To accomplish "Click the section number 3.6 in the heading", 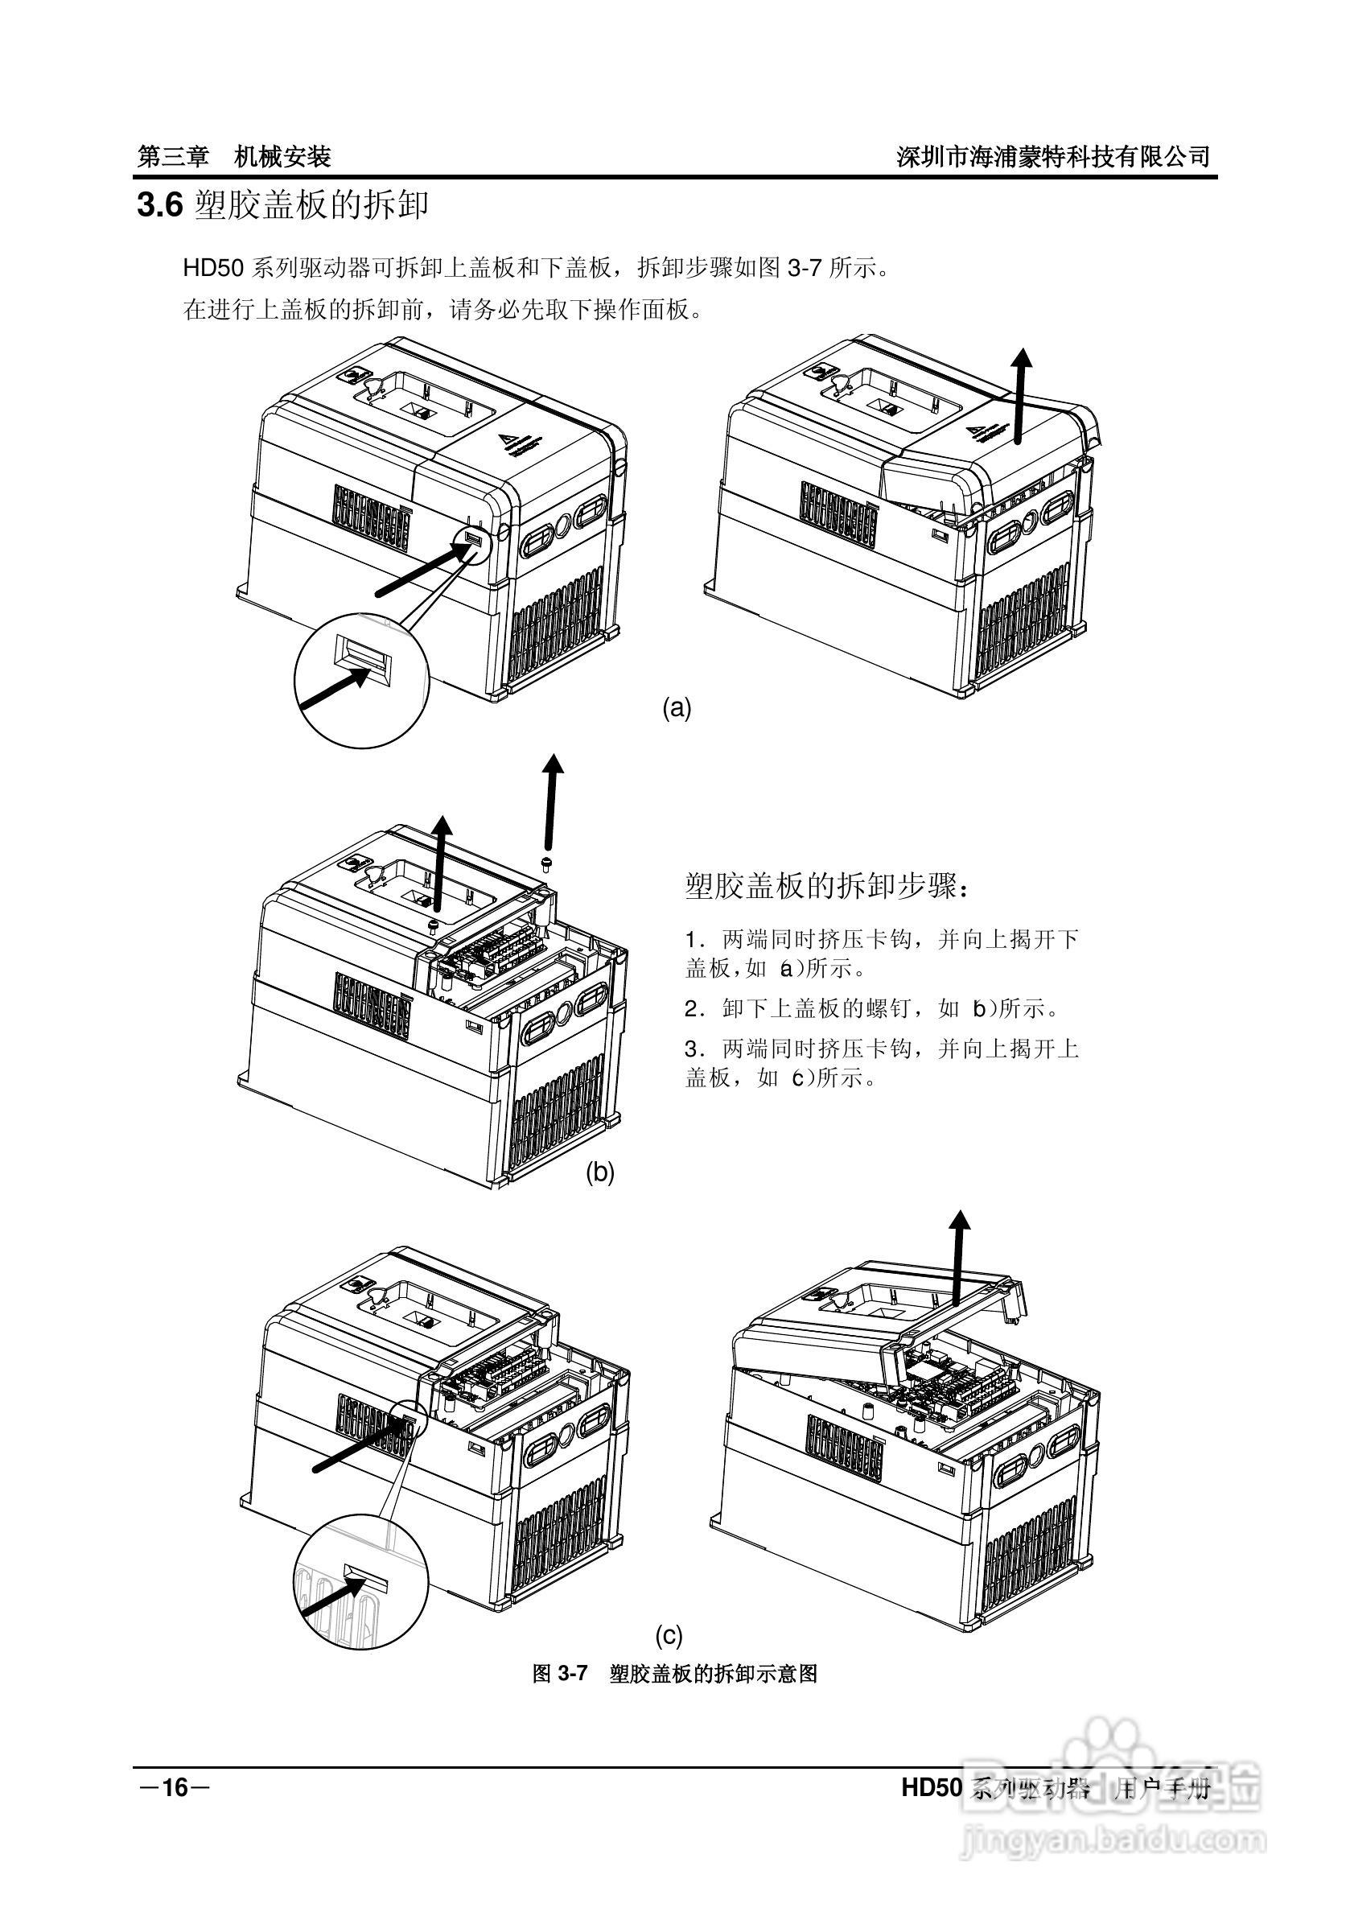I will click(159, 205).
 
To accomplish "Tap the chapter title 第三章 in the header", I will click(173, 156).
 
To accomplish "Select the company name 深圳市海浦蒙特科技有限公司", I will click(1053, 156).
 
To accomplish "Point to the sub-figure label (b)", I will click(599, 1172).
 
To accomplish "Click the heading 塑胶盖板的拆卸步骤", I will click(827, 887).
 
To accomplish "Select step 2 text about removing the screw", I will click(871, 1009).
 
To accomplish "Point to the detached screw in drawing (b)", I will click(546, 860).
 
